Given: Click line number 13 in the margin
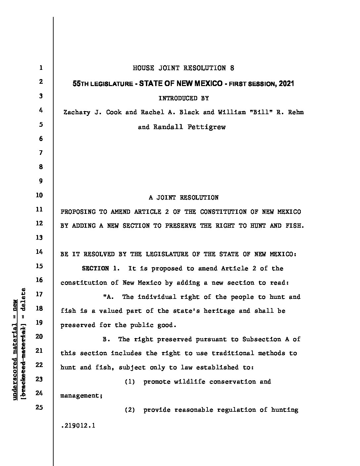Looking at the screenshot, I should [x=39, y=238].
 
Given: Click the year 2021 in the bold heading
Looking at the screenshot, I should [x=286, y=83].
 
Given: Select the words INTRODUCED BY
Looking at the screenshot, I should [x=183, y=98].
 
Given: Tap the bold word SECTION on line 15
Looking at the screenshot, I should [x=95, y=268].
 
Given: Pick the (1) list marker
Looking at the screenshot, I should [x=130, y=382].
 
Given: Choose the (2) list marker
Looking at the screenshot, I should [x=130, y=410].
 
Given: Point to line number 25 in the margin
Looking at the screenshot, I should [x=39, y=407].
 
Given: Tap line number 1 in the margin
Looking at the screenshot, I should [x=40, y=68].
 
